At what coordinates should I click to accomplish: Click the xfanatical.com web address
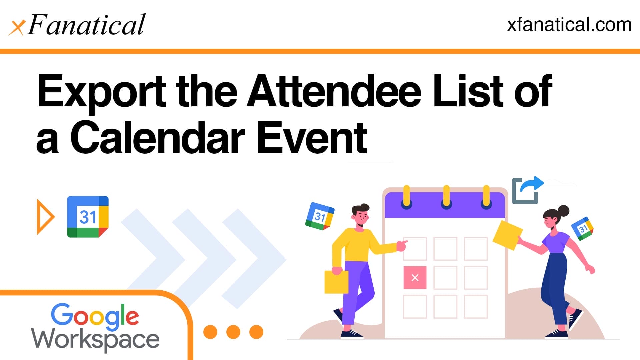569,25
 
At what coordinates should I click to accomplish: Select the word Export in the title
102,92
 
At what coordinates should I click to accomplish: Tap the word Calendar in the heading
158,137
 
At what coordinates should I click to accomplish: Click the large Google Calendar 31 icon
88,217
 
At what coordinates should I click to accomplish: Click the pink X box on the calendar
415,277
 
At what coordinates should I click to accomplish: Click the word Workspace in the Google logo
95,339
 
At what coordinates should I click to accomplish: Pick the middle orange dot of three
233,332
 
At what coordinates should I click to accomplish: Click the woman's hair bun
563,211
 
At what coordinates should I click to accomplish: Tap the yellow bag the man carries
336,282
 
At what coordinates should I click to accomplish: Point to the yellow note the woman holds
507,235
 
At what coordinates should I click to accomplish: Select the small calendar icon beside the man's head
320,216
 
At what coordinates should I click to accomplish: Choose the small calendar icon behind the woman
583,228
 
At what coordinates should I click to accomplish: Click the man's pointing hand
402,245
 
